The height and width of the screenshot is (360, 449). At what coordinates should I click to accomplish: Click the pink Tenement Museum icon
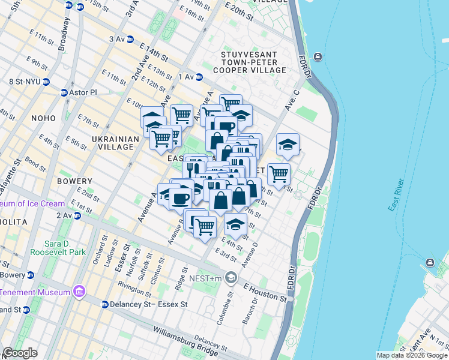point(77,292)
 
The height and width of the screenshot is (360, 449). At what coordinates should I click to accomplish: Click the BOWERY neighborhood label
point(75,181)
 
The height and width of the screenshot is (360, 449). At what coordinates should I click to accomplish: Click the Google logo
point(20,353)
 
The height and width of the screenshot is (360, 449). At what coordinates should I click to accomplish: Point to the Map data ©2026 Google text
point(411,355)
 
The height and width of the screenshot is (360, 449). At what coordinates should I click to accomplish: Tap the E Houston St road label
point(265,292)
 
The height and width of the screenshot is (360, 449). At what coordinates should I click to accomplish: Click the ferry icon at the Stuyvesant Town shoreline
point(317,57)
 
